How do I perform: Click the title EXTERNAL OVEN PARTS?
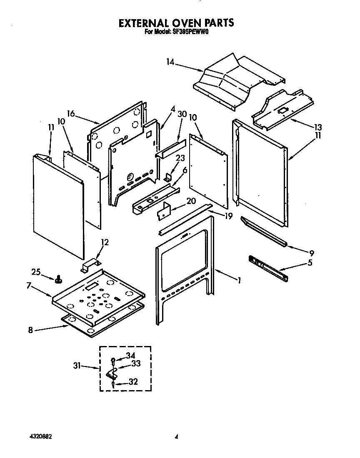point(176,23)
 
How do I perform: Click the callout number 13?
point(318,127)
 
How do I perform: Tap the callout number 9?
point(312,253)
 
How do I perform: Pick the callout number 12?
point(105,242)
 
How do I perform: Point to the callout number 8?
point(30,331)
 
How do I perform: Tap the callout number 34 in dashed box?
point(131,355)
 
